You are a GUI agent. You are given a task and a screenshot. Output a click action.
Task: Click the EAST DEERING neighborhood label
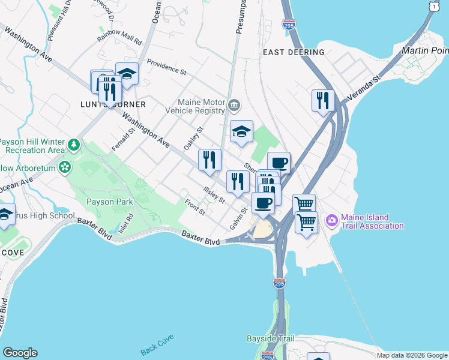pyautogui.click(x=294, y=52)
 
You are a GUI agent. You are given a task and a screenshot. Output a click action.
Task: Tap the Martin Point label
pyautogui.click(x=426, y=50)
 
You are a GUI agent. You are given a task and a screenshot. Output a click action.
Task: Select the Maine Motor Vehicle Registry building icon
pyautogui.click(x=234, y=106)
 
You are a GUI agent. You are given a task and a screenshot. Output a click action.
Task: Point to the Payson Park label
pyautogui.click(x=109, y=202)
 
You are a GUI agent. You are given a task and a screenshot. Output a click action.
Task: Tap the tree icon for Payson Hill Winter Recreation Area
pyautogui.click(x=74, y=145)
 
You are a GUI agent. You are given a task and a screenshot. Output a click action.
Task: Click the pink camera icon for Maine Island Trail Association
pyautogui.click(x=331, y=221)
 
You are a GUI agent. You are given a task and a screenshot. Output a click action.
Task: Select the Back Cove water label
pyautogui.click(x=157, y=350)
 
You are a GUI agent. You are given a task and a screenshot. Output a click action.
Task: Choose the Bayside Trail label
pyautogui.click(x=271, y=339)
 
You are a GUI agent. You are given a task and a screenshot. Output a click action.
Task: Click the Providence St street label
pyautogui.click(x=166, y=67)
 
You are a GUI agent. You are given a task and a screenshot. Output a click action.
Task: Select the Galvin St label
pyautogui.click(x=240, y=218)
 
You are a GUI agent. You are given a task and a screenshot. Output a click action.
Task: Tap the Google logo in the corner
pyautogui.click(x=20, y=353)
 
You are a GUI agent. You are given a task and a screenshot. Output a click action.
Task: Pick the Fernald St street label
pyautogui.click(x=122, y=140)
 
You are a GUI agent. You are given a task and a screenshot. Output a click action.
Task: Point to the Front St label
pyautogui.click(x=195, y=207)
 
